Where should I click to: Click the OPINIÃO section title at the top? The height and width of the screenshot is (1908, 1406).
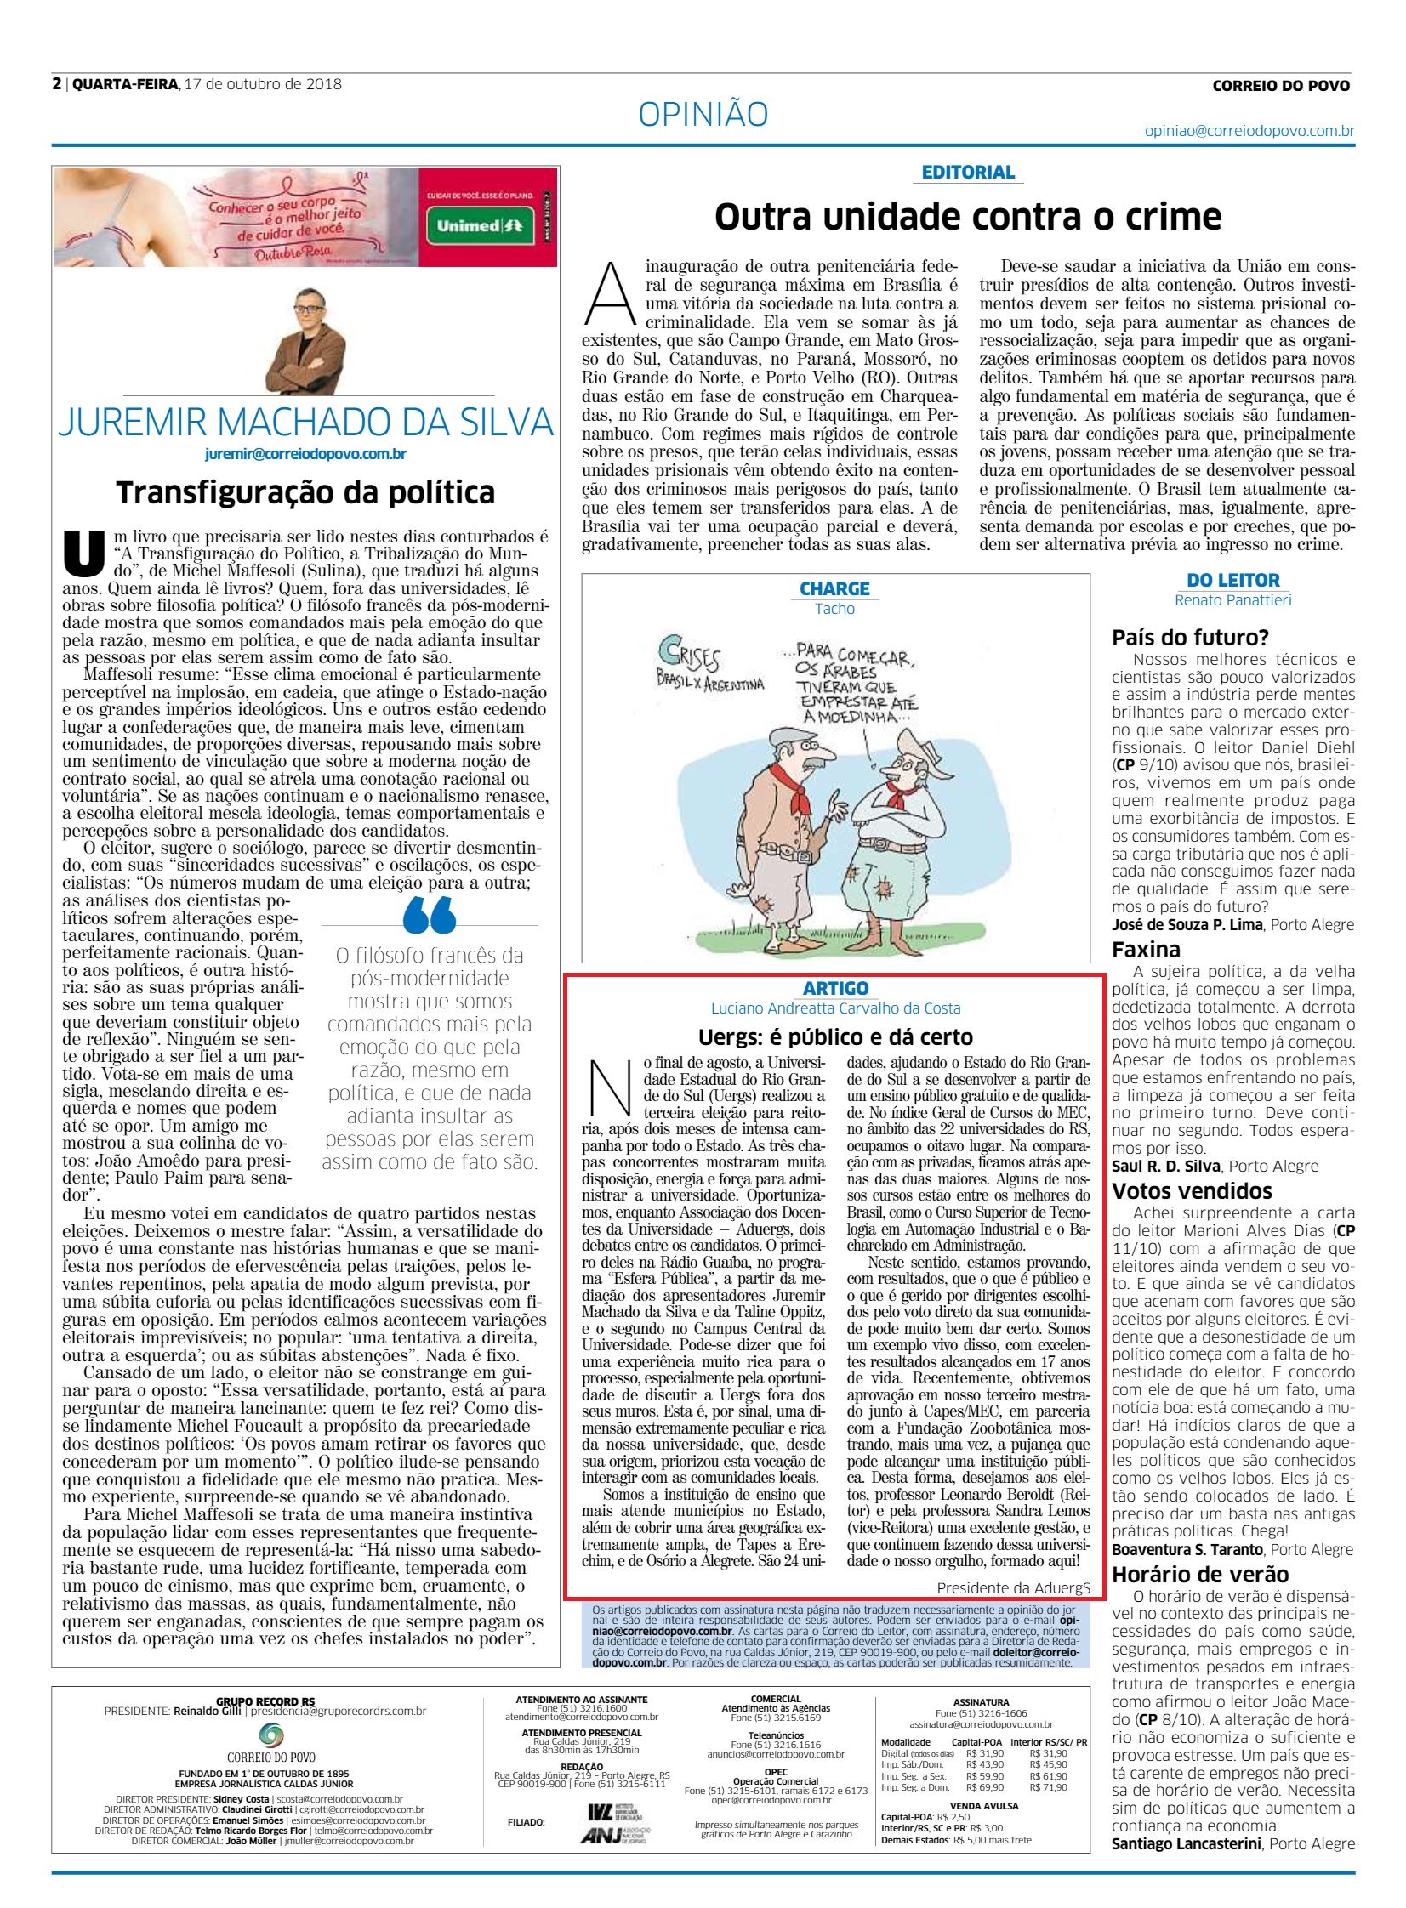[703, 114]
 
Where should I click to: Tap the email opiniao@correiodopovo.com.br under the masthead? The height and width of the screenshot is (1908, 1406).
[1249, 131]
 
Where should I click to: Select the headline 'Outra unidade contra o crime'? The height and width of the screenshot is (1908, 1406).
[968, 218]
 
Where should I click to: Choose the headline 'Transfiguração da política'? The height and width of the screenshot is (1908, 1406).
[305, 491]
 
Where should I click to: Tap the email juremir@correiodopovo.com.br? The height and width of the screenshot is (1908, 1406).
[305, 453]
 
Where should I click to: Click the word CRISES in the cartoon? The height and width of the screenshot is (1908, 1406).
[688, 659]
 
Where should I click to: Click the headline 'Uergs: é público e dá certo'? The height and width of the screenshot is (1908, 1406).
[835, 1037]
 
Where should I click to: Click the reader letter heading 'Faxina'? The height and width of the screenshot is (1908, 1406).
[1145, 949]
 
